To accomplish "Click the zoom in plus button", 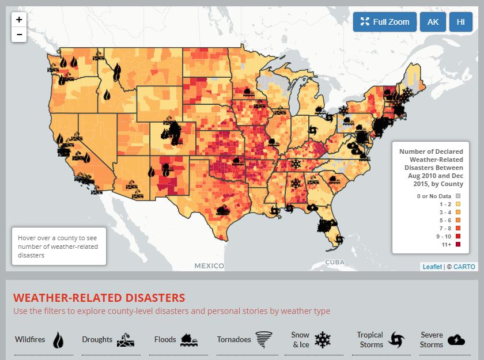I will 19,20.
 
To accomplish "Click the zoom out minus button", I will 19,35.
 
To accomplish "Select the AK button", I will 433,22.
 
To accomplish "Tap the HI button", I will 460,22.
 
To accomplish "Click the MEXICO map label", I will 209,266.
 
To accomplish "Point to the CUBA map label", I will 335,262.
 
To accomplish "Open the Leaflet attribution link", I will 432,267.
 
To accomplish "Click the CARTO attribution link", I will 464,267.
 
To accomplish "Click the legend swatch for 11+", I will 458,245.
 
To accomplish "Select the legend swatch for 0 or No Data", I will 458,196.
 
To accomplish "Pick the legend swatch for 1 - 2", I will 458,204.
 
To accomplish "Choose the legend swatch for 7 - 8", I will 458,229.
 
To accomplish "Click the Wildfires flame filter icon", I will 58,340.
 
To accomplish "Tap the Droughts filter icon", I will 125,340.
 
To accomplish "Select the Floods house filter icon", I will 190,340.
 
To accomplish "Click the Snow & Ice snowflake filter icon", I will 322,340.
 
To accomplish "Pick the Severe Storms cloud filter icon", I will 456,340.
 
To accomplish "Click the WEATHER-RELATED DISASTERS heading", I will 99,298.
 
